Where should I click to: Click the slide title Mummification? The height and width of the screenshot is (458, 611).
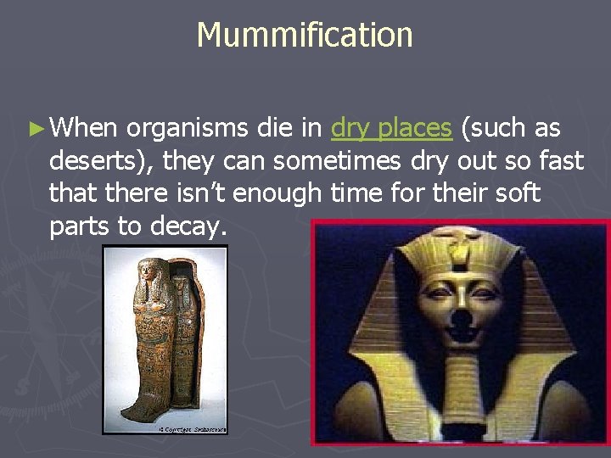[305, 36]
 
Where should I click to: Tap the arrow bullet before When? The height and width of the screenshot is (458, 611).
[35, 129]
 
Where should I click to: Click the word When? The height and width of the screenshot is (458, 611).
[84, 128]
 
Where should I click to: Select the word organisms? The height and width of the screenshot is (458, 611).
[188, 128]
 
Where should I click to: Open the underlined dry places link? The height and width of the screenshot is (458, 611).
[391, 128]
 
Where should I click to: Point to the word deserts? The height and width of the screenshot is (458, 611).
[100, 160]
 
